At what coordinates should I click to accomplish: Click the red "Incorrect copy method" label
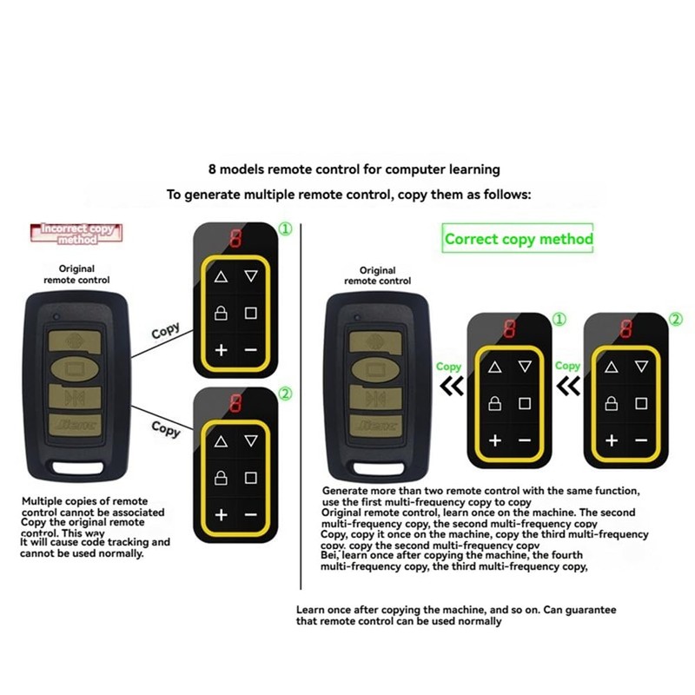coord(77,233)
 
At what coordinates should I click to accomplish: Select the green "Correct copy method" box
coord(519,239)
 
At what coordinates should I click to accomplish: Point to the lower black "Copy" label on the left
coord(165,428)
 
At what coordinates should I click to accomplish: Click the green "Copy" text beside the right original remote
coord(449,367)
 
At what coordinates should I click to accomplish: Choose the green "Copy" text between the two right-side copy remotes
coord(567,367)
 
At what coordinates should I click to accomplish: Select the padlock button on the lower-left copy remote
coord(221,477)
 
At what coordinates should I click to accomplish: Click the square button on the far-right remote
coord(641,403)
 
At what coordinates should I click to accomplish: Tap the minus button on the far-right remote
coord(641,441)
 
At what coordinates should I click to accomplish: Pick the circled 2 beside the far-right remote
coord(676,320)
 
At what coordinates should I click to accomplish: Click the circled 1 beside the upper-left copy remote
coord(285,230)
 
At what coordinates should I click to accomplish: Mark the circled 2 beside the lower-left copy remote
coord(285,393)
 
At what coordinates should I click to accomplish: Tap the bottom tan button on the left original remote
coord(77,427)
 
